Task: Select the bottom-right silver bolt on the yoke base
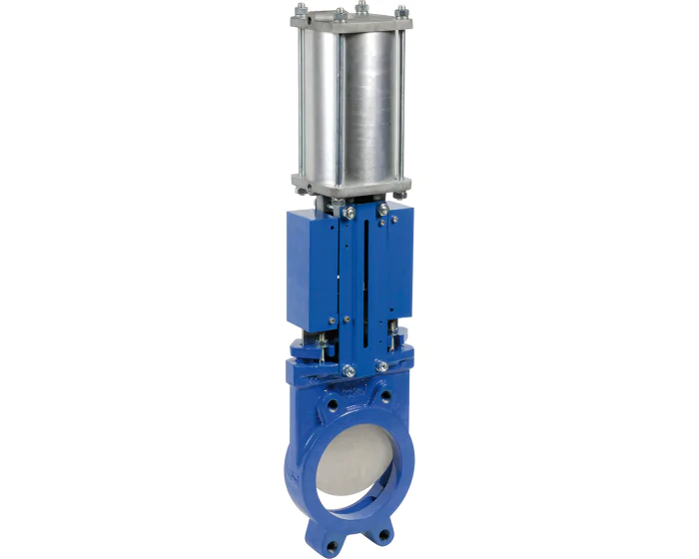click(x=381, y=366)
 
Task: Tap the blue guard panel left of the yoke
click(x=311, y=270)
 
